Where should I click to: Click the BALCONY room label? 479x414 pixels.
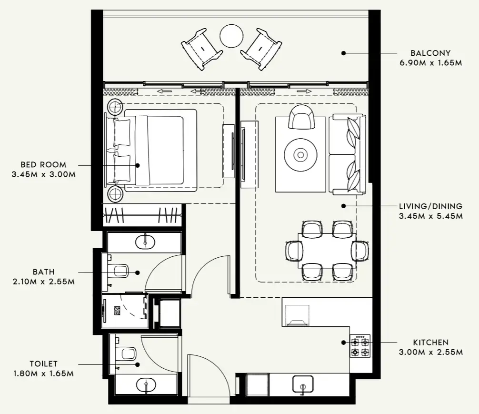tap(430, 53)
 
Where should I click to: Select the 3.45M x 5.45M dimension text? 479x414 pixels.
tap(431, 216)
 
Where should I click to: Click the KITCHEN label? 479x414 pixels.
tap(430, 343)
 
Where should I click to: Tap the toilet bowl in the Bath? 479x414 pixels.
tap(120, 272)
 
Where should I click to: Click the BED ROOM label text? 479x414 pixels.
tap(43, 165)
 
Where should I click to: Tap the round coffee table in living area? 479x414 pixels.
tap(300, 154)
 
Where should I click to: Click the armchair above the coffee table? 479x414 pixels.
tap(302, 117)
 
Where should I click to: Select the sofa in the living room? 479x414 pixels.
tap(348, 154)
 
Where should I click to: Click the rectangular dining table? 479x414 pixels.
tap(326, 250)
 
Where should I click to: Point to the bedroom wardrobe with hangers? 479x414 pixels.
tap(143, 215)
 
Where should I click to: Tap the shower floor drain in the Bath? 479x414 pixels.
tap(117, 311)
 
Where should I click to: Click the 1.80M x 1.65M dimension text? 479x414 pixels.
tap(43, 374)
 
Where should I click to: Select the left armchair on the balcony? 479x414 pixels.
tap(201, 48)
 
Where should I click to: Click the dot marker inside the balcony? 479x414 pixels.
tap(343, 53)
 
